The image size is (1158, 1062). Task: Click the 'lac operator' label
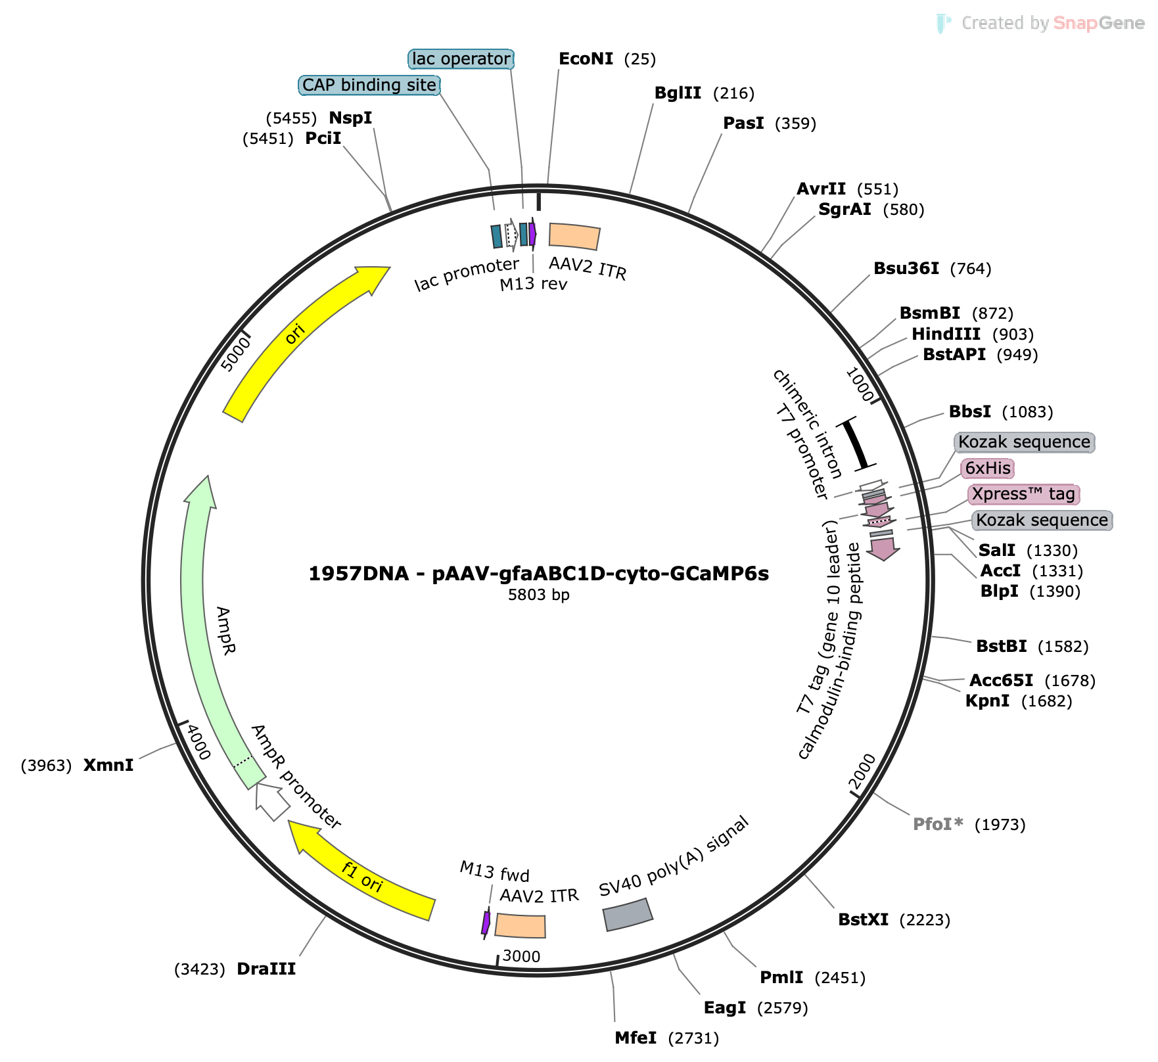click(x=461, y=59)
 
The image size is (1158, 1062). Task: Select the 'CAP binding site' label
click(x=369, y=85)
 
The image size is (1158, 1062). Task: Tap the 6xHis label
click(x=987, y=469)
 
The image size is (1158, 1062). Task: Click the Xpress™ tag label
click(x=1023, y=494)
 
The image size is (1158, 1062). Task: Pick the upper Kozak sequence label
click(x=1024, y=442)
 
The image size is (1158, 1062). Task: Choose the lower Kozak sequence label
click(x=1042, y=520)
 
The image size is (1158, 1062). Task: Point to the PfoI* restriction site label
click(x=938, y=824)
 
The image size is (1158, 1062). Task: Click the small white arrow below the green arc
click(x=271, y=800)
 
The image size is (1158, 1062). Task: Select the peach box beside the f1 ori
click(x=520, y=925)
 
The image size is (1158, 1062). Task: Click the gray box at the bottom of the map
click(x=628, y=915)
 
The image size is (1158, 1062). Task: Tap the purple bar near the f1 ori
click(x=486, y=922)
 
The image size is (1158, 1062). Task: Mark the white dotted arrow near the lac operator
click(x=511, y=235)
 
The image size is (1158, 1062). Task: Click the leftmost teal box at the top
click(x=497, y=237)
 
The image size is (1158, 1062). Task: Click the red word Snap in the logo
click(x=1075, y=24)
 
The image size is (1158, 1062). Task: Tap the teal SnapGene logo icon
click(x=944, y=24)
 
